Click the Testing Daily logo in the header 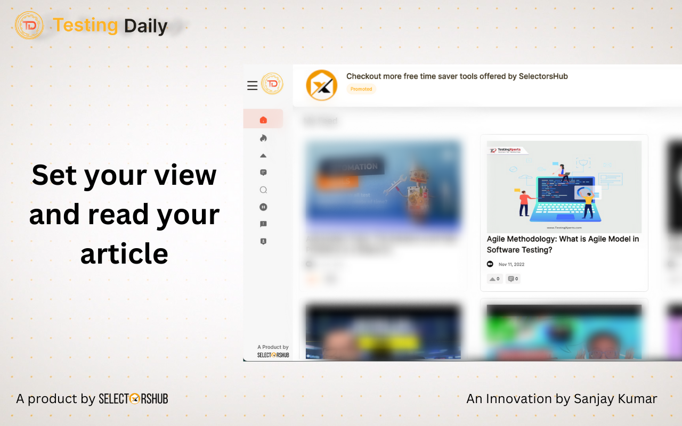point(29,25)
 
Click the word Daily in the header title point(145,26)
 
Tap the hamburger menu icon point(253,85)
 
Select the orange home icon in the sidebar point(263,120)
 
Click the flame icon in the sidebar point(263,138)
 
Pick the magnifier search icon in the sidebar point(263,190)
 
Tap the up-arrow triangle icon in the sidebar point(263,155)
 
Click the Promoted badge point(361,89)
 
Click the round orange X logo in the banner point(322,85)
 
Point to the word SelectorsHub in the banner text point(543,76)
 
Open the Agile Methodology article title point(563,244)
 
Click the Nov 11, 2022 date point(511,264)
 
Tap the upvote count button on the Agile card point(494,278)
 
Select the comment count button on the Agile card point(513,278)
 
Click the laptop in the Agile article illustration point(565,200)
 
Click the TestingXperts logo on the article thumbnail point(506,151)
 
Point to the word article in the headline point(124,253)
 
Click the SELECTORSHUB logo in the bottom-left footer point(133,398)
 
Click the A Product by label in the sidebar point(273,347)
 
